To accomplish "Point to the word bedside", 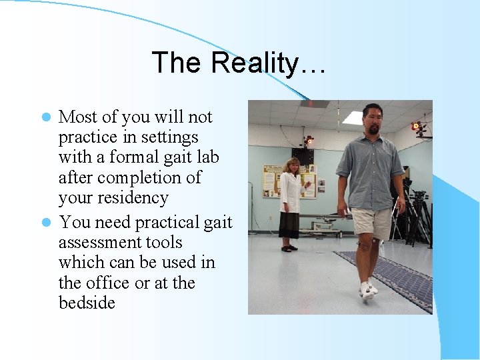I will click(87, 303).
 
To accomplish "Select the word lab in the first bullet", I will click(206, 157).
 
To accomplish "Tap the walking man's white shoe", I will click(367, 291).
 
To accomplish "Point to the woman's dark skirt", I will click(290, 225).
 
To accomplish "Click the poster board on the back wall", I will click(272, 180).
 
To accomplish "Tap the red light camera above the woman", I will click(308, 141).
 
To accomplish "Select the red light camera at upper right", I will click(417, 126).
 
